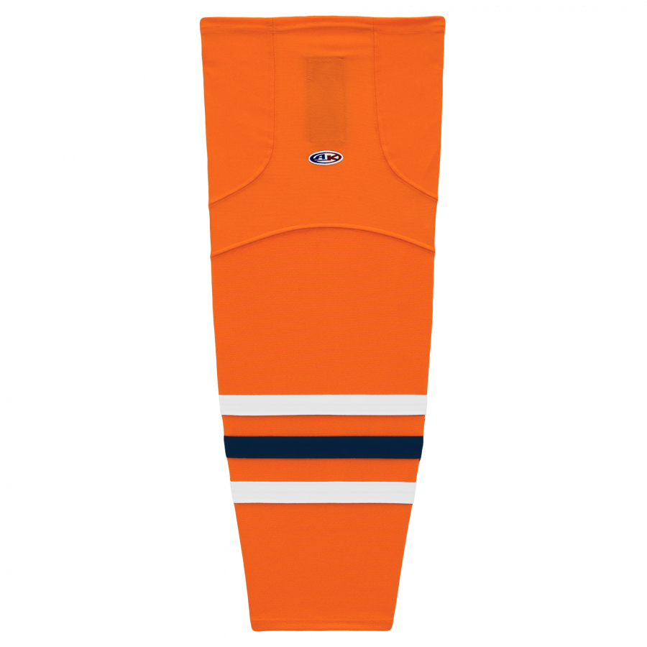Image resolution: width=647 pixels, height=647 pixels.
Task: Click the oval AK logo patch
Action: [x=326, y=157]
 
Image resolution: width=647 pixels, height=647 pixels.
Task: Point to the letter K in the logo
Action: [x=333, y=157]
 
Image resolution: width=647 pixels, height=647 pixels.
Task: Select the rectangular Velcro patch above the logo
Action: [x=326, y=100]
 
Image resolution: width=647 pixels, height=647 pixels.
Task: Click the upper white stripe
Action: [x=323, y=405]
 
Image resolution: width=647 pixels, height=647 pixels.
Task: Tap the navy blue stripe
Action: [x=323, y=447]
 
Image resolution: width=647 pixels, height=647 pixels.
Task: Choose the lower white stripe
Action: [x=323, y=492]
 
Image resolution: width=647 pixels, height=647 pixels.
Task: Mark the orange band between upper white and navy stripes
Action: [x=323, y=426]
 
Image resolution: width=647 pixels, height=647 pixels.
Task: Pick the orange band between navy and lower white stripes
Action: [x=323, y=470]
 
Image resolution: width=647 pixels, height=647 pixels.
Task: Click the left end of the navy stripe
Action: [x=224, y=447]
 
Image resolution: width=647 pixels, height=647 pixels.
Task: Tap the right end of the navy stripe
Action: [x=422, y=447]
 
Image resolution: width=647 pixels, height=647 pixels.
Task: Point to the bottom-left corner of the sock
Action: [x=252, y=629]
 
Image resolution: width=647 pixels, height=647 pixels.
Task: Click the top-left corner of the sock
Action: [x=201, y=18]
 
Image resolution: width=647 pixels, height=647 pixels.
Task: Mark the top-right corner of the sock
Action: [x=444, y=17]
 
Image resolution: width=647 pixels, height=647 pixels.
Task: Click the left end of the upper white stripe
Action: [x=219, y=405]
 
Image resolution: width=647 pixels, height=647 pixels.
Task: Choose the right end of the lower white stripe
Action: [x=416, y=492]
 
